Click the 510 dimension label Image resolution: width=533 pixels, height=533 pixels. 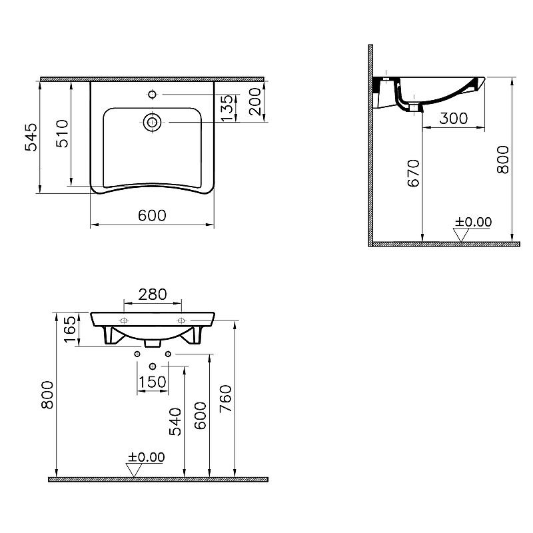(x=61, y=133)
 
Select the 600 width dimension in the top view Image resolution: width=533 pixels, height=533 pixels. (x=152, y=216)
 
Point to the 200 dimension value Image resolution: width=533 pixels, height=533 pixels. (x=255, y=101)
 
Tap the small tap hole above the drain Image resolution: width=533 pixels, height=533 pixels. (x=153, y=95)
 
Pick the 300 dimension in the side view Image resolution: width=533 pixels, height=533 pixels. (x=454, y=119)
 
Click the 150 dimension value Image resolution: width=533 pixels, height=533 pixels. (x=152, y=382)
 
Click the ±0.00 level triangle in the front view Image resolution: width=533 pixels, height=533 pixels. (x=135, y=469)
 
